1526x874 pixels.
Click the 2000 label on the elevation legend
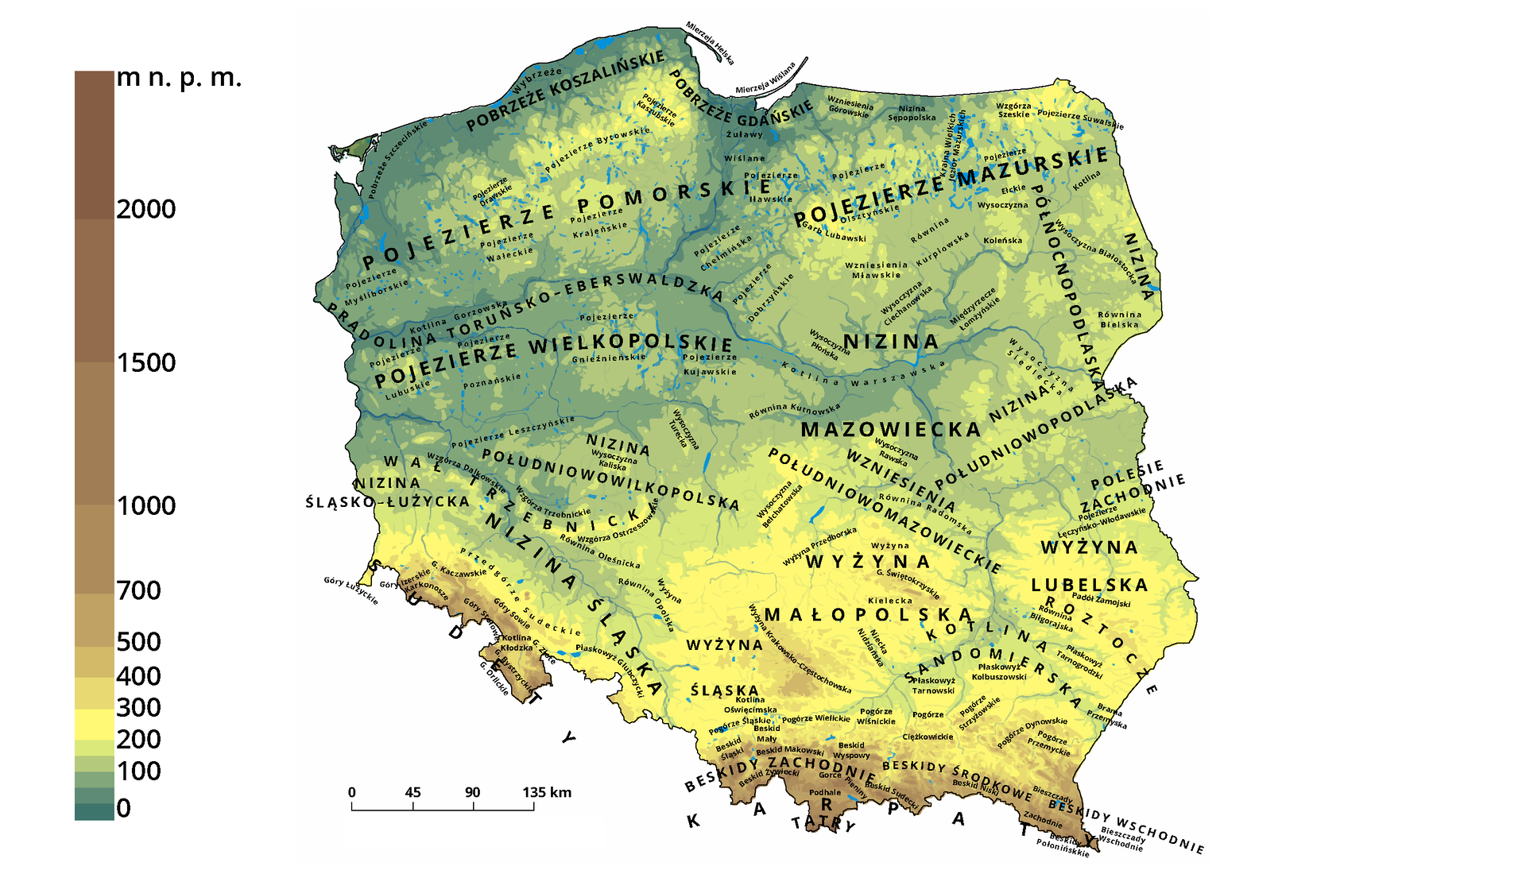coord(145,209)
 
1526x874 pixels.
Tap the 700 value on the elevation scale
coord(138,590)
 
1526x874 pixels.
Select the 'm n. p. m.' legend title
coord(178,78)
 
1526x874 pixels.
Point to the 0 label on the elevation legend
coord(123,808)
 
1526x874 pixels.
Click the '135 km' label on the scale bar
coord(547,792)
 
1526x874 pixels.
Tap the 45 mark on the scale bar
coord(412,792)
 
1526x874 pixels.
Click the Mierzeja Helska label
coord(710,44)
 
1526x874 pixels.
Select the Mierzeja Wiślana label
coord(765,79)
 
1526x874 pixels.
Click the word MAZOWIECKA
coord(890,430)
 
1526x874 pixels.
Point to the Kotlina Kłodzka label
coord(517,643)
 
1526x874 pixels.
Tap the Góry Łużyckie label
coord(351,590)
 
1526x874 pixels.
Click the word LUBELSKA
coord(1090,586)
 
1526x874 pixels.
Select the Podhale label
coord(825,792)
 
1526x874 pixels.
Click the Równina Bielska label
coord(1119,319)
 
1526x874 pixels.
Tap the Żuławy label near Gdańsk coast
coord(744,134)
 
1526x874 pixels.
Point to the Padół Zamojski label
coord(1101,600)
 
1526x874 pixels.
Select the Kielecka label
coord(890,601)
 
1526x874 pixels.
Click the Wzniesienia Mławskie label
coord(876,270)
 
